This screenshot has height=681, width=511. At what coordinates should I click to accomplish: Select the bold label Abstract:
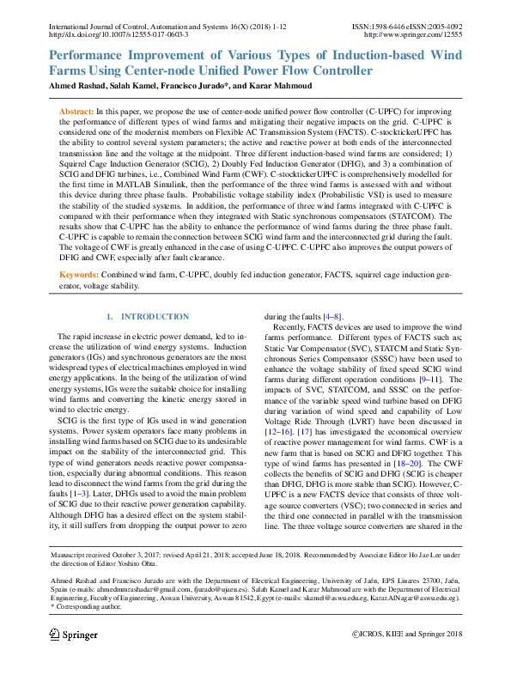pyautogui.click(x=76, y=112)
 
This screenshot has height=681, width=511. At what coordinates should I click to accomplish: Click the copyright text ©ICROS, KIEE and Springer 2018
pyautogui.click(x=407, y=635)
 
